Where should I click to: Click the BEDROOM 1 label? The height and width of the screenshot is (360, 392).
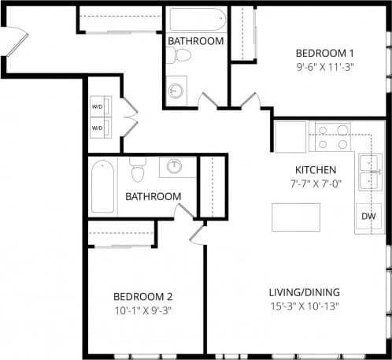(x=325, y=53)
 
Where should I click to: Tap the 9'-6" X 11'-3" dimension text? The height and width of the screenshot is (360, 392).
(x=325, y=67)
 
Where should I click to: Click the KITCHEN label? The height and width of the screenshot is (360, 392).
(x=316, y=169)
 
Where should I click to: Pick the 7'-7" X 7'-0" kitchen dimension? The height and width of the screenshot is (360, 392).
(x=316, y=184)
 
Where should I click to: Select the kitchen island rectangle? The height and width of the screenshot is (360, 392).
(x=296, y=217)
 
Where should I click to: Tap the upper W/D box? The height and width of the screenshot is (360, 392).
(x=98, y=106)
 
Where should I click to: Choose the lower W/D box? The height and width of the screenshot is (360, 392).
(x=98, y=126)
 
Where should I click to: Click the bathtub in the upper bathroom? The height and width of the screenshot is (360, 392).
(x=196, y=19)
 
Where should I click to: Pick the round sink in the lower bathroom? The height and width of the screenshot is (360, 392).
(x=176, y=167)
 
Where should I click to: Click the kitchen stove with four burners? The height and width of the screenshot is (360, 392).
(x=333, y=135)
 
